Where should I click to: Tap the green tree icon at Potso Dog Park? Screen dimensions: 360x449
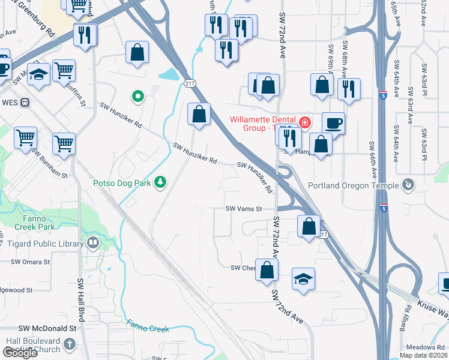click(160, 181)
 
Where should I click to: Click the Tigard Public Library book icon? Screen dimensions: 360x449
click(93, 242)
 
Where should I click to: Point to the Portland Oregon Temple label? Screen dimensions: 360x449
click(353, 185)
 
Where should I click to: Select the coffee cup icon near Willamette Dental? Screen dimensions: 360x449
click(334, 124)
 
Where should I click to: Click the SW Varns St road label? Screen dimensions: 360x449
click(244, 209)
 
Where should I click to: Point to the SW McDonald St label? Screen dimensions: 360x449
click(48, 328)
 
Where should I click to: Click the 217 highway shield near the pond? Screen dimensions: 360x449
click(190, 83)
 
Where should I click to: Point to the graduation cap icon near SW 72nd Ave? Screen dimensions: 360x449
click(303, 279)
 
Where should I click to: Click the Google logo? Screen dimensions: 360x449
click(20, 353)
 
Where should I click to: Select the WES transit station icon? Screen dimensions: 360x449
click(25, 103)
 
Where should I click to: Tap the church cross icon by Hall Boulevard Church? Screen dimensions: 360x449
click(70, 344)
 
